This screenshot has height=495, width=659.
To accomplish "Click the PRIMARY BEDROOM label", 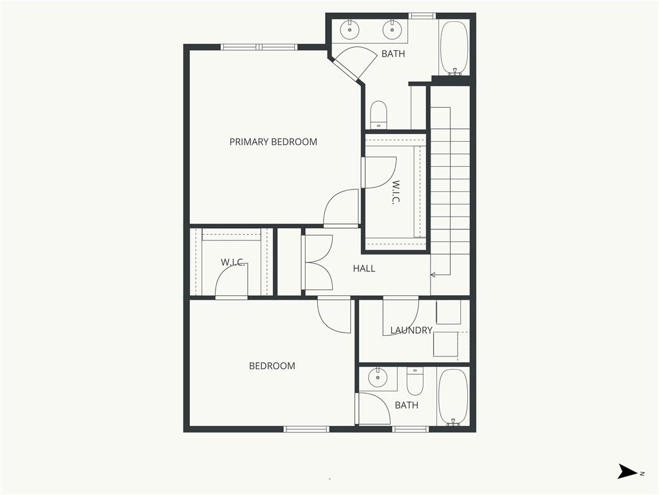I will click(273, 142).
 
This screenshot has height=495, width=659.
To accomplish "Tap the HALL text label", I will click(364, 268).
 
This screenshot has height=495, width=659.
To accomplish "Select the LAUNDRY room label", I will click(411, 331).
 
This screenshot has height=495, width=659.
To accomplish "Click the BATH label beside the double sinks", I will click(393, 53).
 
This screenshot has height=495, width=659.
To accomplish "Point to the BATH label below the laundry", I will click(406, 405).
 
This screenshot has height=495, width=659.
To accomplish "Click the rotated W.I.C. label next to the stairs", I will click(395, 192).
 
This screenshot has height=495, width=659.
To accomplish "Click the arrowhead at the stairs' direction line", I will click(433, 275).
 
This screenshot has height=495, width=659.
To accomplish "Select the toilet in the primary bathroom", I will click(378, 115).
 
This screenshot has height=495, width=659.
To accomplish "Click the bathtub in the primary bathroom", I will click(454, 48).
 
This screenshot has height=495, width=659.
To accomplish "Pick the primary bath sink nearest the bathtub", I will click(392, 29).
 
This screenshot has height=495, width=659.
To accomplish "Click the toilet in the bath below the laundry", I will click(415, 381).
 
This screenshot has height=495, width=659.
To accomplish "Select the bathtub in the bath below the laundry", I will click(453, 397).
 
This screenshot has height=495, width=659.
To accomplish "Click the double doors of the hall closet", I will click(318, 262).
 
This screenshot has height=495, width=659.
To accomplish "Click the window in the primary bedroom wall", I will click(259, 47).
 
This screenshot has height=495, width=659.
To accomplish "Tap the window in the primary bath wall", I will click(422, 15).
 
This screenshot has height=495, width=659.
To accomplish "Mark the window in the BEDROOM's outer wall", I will click(306, 429).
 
